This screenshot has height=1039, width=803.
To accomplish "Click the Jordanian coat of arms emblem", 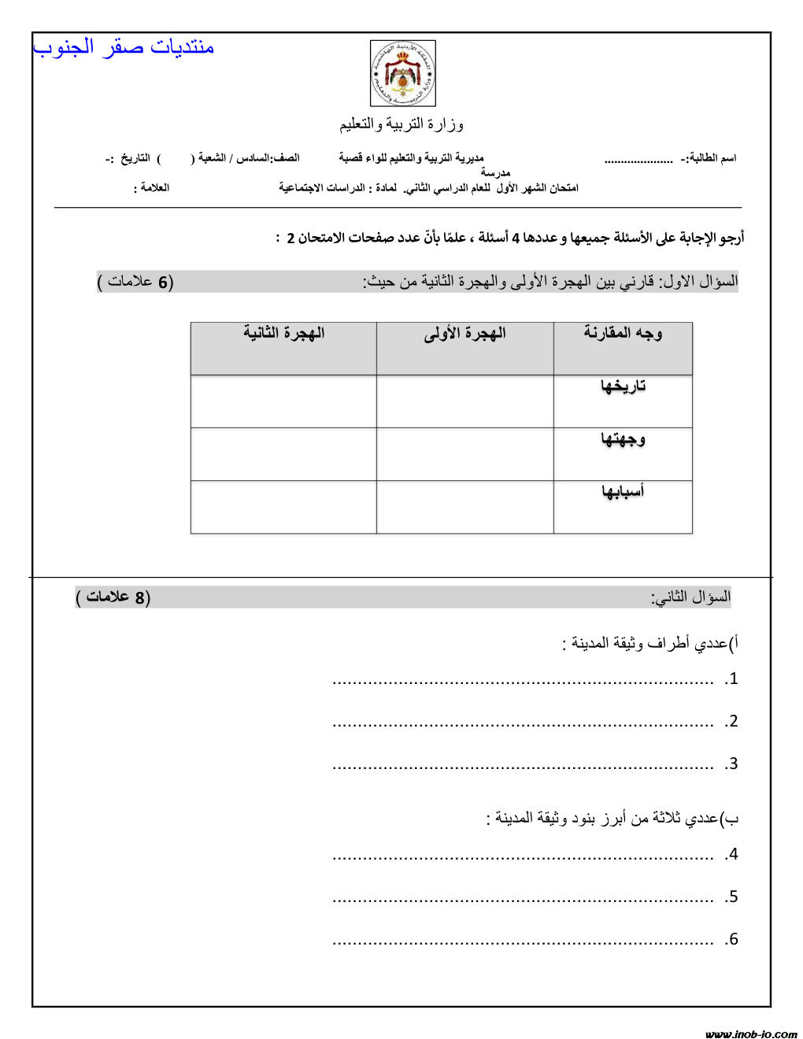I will tap(402, 73).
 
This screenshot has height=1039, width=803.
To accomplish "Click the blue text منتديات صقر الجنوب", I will tap(124, 46).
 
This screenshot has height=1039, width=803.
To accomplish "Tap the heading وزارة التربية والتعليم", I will tap(401, 124).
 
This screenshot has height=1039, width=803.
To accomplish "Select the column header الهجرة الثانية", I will tap(283, 333).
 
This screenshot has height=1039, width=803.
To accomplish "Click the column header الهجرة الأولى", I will tap(464, 333).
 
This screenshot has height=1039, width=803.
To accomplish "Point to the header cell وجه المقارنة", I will tap(623, 333).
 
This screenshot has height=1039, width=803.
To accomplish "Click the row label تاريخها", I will tap(623, 386).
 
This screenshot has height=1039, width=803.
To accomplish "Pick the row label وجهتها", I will tap(623, 438).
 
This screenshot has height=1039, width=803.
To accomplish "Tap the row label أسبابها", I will tap(623, 491).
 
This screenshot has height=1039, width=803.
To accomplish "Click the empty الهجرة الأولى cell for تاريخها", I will tap(464, 401).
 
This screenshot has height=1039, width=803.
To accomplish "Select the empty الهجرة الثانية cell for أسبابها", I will tap(283, 507).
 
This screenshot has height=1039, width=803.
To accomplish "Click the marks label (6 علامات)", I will tap(135, 282).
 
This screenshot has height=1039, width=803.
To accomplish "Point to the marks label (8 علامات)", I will tap(113, 597).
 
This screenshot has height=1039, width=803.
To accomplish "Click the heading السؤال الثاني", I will tap(690, 597).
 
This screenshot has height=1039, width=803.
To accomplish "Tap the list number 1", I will tap(732, 678).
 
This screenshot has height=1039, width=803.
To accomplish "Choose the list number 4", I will tap(732, 854).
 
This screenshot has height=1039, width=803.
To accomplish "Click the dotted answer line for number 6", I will tap(523, 941).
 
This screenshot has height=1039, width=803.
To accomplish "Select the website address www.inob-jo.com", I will tap(751, 1033).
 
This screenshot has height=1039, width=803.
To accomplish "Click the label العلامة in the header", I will tap(151, 188).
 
